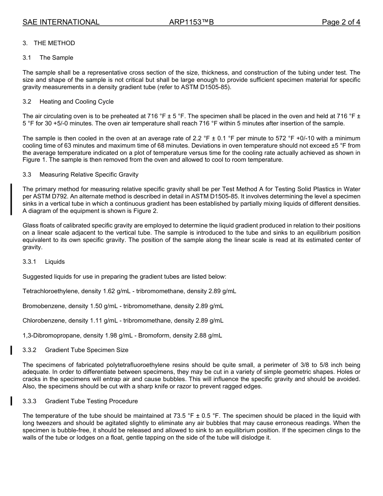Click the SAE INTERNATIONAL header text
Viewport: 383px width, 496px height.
(61, 22)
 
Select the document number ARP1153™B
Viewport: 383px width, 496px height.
(191, 22)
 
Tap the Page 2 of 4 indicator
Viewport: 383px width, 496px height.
(341, 22)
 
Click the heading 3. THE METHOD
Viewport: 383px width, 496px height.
(49, 43)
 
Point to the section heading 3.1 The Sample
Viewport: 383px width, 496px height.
(48, 58)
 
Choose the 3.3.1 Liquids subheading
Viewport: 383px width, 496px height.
(44, 262)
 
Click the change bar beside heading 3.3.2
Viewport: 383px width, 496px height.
(12, 350)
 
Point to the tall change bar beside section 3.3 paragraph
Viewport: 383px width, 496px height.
(12, 199)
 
